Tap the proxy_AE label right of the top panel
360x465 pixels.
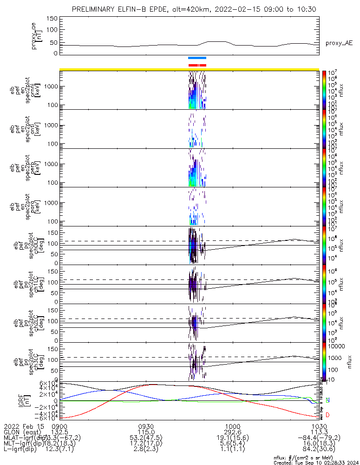pos(339,43)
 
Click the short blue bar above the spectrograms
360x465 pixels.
pos(197,58)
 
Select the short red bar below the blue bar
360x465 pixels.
pos(197,65)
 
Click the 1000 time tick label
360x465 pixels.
pos(232,426)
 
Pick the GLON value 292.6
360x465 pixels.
pos(232,432)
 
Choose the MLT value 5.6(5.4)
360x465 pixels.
pos(232,444)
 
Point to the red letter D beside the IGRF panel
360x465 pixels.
pos(328,415)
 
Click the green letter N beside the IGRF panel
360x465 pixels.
pos(328,400)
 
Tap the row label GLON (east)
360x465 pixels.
pos(23,432)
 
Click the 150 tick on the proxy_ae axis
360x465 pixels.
pos(52,18)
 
